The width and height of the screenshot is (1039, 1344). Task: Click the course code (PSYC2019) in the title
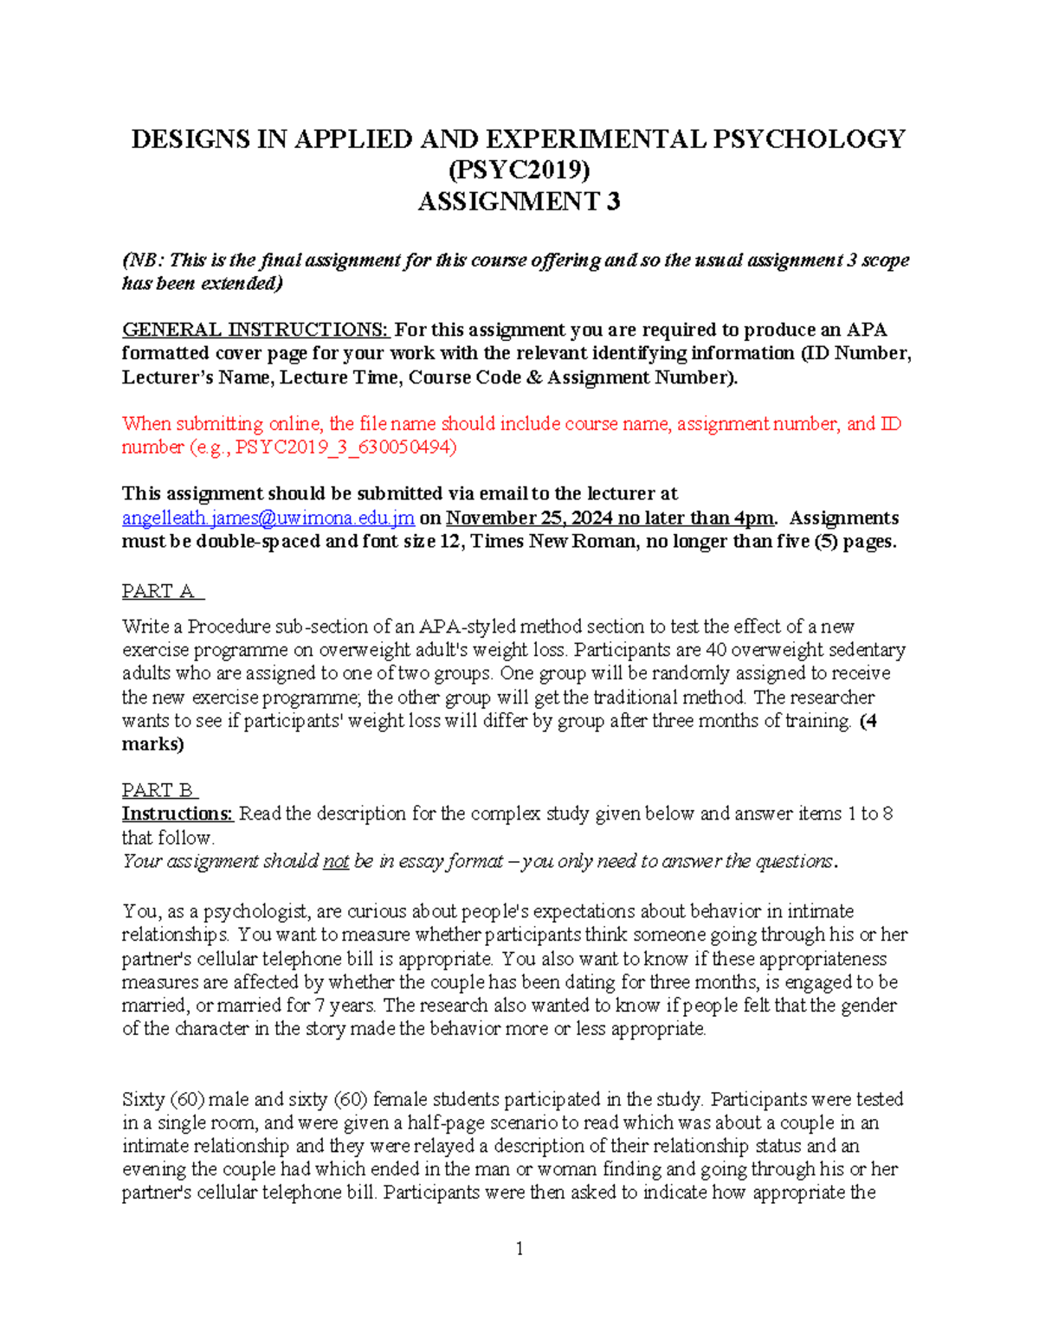coord(519,170)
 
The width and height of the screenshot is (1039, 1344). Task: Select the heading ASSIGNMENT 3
coord(519,202)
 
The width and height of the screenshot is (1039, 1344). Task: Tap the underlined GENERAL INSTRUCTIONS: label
coord(255,330)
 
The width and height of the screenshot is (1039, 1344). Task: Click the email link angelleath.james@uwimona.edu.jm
coord(268,518)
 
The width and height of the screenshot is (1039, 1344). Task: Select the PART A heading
coord(162,591)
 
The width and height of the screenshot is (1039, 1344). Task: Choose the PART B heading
coord(159,790)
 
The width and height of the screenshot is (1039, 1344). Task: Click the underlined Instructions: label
coord(177,814)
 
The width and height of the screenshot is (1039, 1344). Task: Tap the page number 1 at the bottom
coord(519,1248)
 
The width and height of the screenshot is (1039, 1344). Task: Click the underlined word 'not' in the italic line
coord(335,862)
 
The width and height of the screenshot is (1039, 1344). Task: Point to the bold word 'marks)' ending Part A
coord(152,744)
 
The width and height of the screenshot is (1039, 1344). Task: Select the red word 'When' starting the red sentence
coord(145,424)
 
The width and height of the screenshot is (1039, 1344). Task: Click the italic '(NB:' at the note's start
coord(142,260)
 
